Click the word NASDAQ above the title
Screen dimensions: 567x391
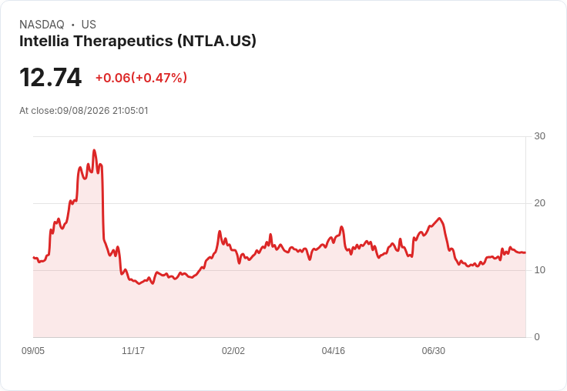tap(42, 25)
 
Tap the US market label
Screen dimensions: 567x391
tap(89, 25)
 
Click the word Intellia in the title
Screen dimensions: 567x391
tap(44, 41)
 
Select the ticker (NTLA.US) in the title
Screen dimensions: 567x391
tap(216, 41)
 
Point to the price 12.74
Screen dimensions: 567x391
tap(51, 77)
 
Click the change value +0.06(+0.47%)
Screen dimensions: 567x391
tap(142, 78)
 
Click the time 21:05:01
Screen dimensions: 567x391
tap(130, 111)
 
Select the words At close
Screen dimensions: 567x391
tap(37, 111)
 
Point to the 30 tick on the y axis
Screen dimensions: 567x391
tap(539, 136)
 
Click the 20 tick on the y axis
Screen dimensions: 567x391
tap(539, 203)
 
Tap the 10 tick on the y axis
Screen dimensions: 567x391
tap(539, 270)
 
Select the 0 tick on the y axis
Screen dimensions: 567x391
tap(537, 337)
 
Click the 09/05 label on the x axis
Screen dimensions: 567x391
tap(33, 351)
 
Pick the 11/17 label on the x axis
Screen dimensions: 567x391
tap(133, 351)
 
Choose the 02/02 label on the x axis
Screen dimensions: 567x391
tap(233, 351)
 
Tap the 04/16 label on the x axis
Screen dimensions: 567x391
tap(334, 351)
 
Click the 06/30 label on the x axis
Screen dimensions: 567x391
tap(434, 351)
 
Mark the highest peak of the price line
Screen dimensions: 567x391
tap(95, 150)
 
